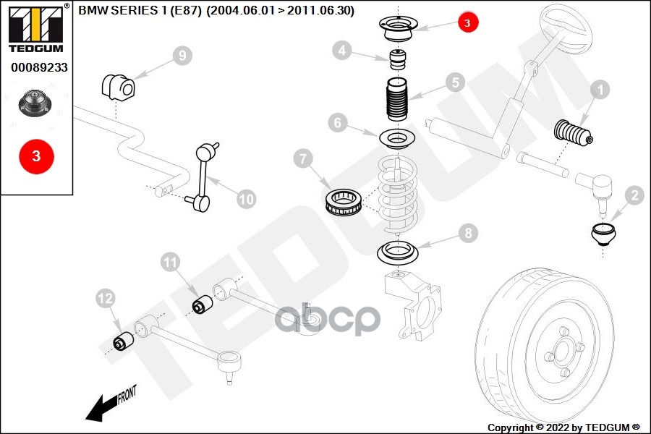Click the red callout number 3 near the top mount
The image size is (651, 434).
pyautogui.click(x=467, y=23)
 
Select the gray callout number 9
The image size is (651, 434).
pyautogui.click(x=182, y=55)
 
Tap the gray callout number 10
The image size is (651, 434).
pyautogui.click(x=247, y=198)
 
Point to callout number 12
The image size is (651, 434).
pyautogui.click(x=106, y=297)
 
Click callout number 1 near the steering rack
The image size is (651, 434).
pyautogui.click(x=600, y=90)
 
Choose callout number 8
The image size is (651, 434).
pyautogui.click(x=468, y=233)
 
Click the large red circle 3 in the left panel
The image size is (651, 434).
pyautogui.click(x=37, y=156)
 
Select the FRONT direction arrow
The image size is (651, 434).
pyautogui.click(x=109, y=405)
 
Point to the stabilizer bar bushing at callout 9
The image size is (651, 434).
pyautogui.click(x=117, y=87)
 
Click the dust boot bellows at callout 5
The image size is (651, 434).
pyautogui.click(x=396, y=103)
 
